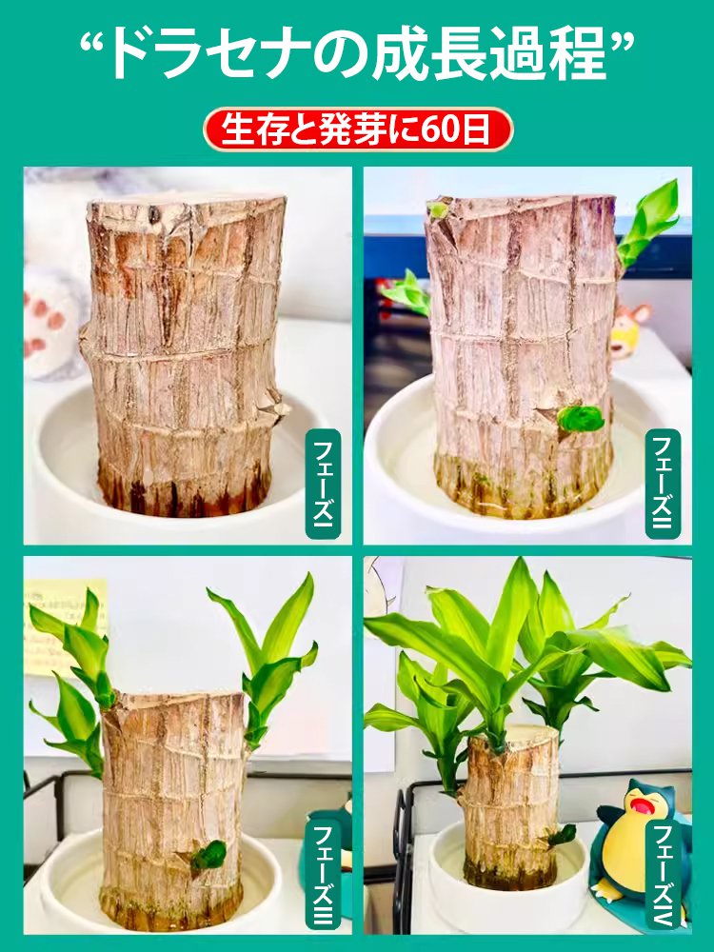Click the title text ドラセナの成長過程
click(357, 54)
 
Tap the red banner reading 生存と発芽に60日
click(357, 129)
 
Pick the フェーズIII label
click(323, 874)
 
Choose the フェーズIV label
click(663, 874)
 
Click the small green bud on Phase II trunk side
click(581, 418)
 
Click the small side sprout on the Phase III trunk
click(208, 854)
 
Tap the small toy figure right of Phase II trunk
click(628, 328)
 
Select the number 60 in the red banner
click(441, 129)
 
